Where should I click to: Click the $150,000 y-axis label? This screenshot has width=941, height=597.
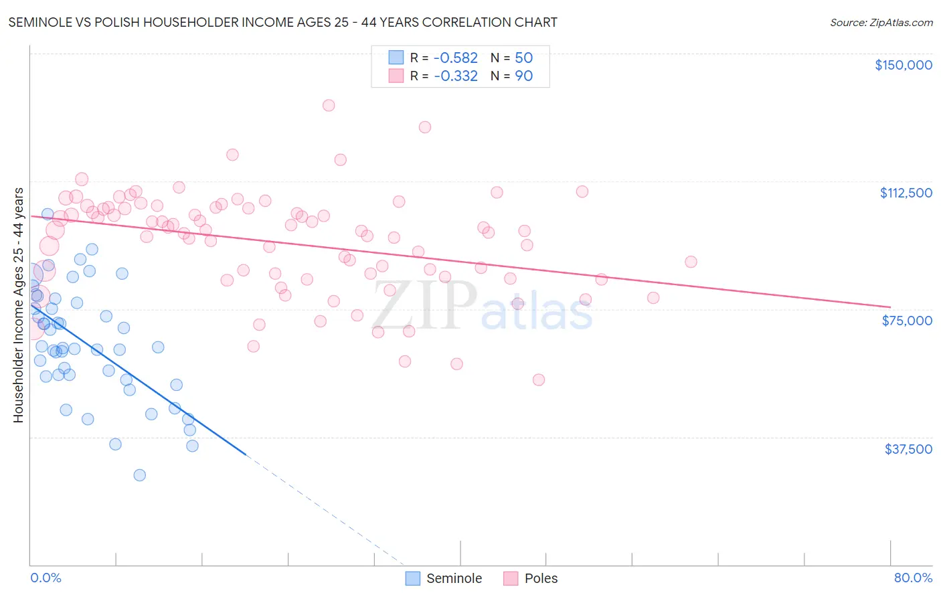[x=903, y=65]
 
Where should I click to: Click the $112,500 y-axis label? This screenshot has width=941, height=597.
[x=906, y=193]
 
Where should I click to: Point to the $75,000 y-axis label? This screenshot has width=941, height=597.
[x=907, y=321]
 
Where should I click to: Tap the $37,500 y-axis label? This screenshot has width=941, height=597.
[x=908, y=449]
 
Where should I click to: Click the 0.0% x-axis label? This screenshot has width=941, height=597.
[x=46, y=578]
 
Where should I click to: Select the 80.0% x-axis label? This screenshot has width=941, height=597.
[x=913, y=578]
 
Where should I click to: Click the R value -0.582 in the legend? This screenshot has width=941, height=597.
[x=455, y=58]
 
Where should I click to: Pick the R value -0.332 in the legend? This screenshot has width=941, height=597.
[x=455, y=76]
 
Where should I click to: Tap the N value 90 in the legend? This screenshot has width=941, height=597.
[x=523, y=76]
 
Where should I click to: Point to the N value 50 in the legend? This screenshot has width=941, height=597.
[x=523, y=58]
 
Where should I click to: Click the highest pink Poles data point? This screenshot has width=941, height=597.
[x=329, y=105]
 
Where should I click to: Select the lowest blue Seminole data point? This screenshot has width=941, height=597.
[x=139, y=475]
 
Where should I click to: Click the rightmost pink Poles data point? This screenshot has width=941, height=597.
[x=691, y=262]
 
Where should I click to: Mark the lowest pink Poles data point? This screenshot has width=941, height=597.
[x=539, y=379]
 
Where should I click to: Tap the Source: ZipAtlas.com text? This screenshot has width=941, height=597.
[x=881, y=23]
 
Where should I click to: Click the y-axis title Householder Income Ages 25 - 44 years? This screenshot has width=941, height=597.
[x=18, y=305]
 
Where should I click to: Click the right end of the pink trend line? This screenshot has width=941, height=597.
[x=890, y=307]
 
